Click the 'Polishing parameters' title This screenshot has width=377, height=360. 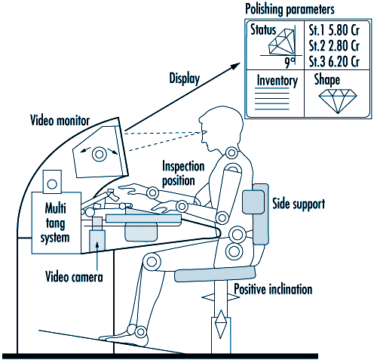tap(290, 9)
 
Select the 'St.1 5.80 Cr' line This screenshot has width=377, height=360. tap(334, 30)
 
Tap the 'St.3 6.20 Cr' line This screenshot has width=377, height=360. tap(334, 62)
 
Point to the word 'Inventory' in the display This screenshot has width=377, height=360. tap(277, 81)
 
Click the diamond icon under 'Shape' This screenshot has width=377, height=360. tap(338, 100)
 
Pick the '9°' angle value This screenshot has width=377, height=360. tap(290, 63)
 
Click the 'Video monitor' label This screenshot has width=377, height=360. tap(60, 120)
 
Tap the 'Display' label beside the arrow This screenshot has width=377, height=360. tap(185, 78)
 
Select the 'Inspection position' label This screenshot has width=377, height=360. tap(183, 174)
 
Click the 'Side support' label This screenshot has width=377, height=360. tap(299, 204)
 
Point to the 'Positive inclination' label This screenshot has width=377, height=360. tap(273, 289)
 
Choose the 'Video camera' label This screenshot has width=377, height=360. tap(74, 277)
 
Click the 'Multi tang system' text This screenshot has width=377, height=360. tap(55, 223)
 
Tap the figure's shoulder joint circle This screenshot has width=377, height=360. tap(231, 152)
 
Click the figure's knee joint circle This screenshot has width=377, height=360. tap(152, 262)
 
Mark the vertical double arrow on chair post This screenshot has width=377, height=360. tap(221, 325)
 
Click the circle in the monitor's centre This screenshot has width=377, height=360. tap(99, 154)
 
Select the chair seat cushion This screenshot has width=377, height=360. tap(215, 274)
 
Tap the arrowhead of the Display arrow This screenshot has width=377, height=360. tap(236, 66)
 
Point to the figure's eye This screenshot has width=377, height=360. tap(204, 132)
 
